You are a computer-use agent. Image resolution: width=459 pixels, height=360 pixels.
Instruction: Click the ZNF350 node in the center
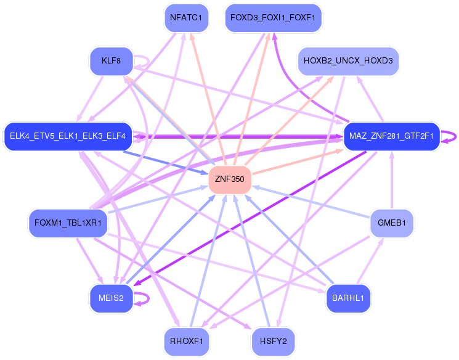coord(230,180)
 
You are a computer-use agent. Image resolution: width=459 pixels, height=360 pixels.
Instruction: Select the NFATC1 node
coord(186,18)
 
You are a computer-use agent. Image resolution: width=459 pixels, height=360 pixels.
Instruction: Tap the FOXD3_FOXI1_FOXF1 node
coord(273,18)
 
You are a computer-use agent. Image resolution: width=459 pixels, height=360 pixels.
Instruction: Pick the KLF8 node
coord(110,62)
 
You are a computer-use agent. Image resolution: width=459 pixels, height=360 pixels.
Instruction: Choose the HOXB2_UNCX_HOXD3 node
coord(348,62)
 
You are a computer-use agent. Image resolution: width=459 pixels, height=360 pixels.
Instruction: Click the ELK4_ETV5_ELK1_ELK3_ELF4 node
coord(68,136)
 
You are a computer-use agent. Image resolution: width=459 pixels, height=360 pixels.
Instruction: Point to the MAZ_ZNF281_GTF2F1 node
coord(391,136)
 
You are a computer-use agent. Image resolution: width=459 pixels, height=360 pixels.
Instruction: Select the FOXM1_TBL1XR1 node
coord(68,223)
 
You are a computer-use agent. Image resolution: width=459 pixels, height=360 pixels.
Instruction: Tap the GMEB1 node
coord(392,223)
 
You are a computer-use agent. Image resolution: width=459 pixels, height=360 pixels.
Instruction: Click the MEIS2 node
coord(111,298)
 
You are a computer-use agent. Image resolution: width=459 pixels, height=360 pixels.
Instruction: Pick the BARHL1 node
coord(348,298)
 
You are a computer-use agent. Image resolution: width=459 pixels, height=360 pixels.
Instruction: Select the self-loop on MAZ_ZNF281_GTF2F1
coord(454,136)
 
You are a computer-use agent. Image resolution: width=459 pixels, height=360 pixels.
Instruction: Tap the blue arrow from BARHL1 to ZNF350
coord(290,241)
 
